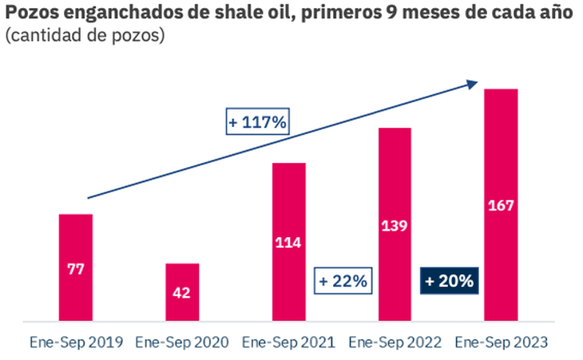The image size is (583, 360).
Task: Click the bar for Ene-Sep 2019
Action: tap(76, 239)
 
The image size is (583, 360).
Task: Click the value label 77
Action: tap(76, 270)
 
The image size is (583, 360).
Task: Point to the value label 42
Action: tap(182, 293)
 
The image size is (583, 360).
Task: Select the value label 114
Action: tap(288, 243)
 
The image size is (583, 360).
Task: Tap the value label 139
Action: tap(395, 225)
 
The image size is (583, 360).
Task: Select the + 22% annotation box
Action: tap(343, 281)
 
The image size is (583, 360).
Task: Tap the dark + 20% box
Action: tap(449, 281)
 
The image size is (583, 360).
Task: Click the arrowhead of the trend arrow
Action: tap(474, 82)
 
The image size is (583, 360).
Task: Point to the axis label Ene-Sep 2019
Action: tap(76, 342)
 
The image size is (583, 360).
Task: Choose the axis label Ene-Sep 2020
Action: tap(182, 342)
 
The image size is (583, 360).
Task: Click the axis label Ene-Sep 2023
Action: tap(501, 342)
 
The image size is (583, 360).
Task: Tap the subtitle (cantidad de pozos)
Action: tap(85, 37)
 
